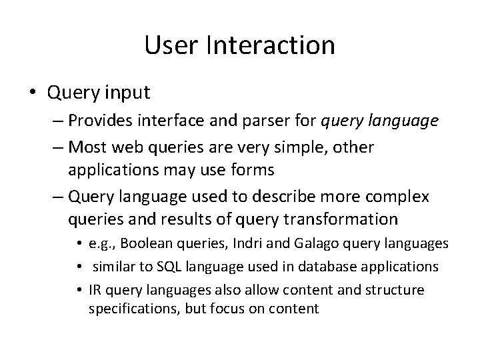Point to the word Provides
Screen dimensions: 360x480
pyautogui.click(x=114, y=122)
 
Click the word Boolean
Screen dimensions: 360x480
pyautogui.click(x=145, y=245)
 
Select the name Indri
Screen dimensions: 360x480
pyautogui.click(x=230, y=245)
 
